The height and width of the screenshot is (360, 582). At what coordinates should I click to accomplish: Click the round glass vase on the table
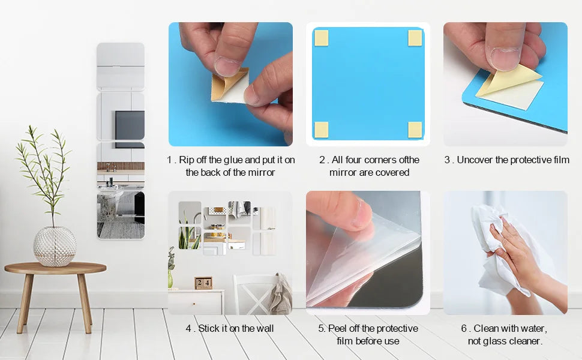55,246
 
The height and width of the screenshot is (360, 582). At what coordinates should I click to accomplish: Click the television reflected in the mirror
130,125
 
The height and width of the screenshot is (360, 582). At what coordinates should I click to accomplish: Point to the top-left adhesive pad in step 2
322,38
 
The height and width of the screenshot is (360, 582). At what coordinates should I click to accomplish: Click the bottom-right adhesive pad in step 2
415,129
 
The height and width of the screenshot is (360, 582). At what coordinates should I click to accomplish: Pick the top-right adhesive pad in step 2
415,38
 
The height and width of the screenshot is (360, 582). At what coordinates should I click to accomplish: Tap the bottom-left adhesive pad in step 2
322,129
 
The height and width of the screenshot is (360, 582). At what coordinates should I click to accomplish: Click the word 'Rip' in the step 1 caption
187,160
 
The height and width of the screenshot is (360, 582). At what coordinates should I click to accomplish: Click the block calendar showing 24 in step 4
203,283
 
